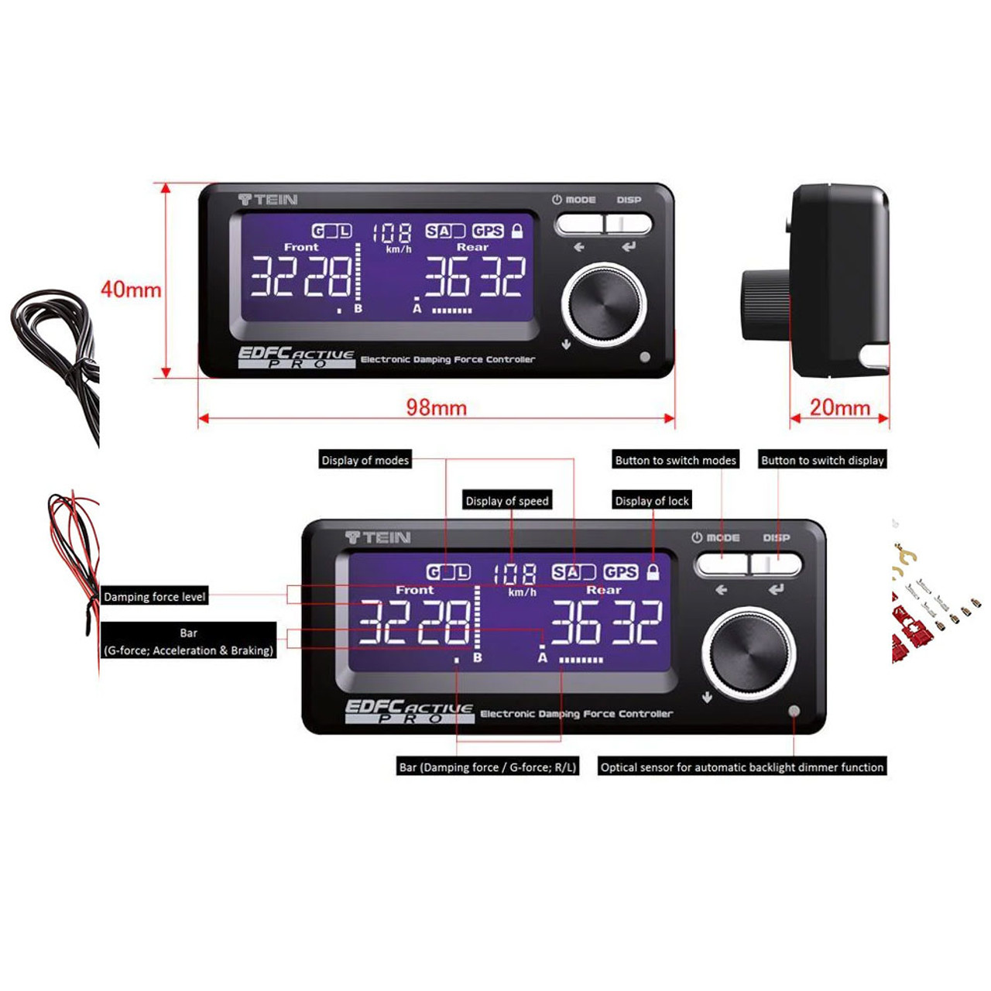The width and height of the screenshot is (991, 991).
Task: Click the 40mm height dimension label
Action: click(131, 290)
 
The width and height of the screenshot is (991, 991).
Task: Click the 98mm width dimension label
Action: click(436, 407)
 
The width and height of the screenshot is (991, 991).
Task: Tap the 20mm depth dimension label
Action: click(839, 407)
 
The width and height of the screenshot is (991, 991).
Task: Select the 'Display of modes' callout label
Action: click(365, 460)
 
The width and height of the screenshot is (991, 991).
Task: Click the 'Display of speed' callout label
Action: click(507, 501)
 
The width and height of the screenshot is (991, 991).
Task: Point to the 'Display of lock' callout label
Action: click(652, 501)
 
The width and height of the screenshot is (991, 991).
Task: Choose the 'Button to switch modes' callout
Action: click(675, 460)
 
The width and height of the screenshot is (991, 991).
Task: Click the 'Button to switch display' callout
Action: click(822, 460)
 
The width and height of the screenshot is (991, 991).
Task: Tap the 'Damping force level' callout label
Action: click(155, 597)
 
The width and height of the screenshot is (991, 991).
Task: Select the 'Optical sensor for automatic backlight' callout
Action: click(742, 767)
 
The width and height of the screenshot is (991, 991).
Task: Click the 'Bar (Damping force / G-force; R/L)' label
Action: click(488, 767)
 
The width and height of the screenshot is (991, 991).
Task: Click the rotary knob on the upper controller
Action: click(604, 303)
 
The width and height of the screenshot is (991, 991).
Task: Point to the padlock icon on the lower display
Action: click(653, 572)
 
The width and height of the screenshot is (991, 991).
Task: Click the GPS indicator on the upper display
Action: click(488, 231)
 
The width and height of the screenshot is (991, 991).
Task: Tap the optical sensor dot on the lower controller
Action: click(794, 711)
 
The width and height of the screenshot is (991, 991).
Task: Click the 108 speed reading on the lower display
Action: click(516, 574)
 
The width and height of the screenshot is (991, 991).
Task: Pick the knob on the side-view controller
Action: click(765, 303)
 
